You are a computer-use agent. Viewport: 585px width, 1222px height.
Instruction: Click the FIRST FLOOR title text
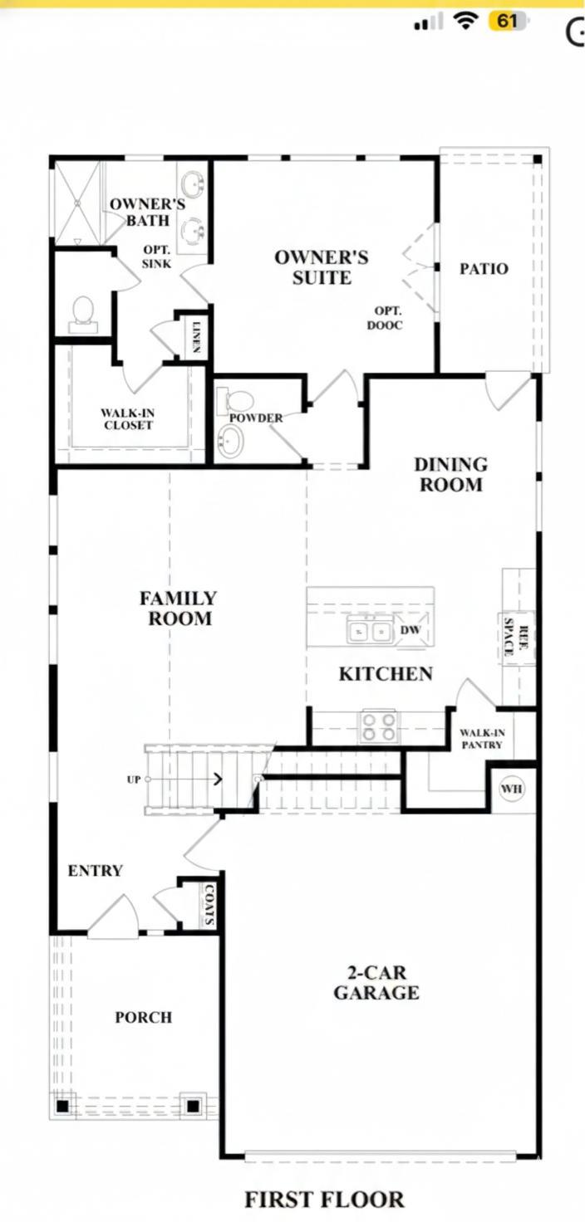324,1199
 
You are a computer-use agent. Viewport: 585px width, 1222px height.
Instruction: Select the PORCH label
144,1017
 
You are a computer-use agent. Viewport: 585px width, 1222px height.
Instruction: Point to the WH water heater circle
512,789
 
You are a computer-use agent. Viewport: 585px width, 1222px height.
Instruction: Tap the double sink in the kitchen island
370,632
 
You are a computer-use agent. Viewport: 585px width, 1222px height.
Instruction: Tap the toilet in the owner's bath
83,313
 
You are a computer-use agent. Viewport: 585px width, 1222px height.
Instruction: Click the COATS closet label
209,904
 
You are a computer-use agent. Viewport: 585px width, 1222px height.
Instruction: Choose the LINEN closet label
197,336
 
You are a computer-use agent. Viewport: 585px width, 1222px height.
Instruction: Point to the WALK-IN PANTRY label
482,739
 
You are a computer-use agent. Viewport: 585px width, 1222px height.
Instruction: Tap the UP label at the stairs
134,780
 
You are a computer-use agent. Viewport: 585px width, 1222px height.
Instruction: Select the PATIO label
484,269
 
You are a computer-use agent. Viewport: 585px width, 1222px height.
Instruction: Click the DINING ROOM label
450,475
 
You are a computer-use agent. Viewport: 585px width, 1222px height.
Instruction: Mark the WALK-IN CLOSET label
128,418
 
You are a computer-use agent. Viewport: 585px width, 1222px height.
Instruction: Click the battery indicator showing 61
508,22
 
